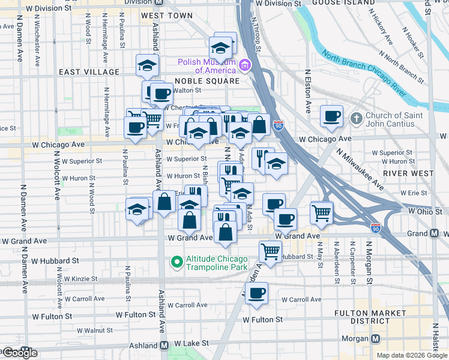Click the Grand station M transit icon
pyautogui.click(x=434, y=233)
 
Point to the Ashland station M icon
pyautogui.click(x=164, y=346)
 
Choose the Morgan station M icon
pyautogui.click(x=376, y=338)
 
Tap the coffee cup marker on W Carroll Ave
pyautogui.click(x=256, y=293)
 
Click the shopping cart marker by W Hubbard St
pyautogui.click(x=270, y=251)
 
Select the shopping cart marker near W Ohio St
pyautogui.click(x=322, y=213)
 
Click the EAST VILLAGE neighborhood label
pyautogui.click(x=89, y=72)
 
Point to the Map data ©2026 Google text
pyautogui.click(x=412, y=355)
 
